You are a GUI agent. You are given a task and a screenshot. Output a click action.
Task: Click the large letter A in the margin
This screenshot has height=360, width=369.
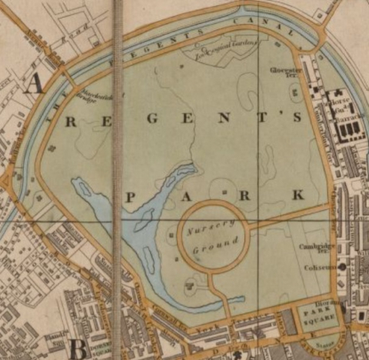pos(32,84)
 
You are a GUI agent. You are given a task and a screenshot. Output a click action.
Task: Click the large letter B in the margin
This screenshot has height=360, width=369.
pos(78,348)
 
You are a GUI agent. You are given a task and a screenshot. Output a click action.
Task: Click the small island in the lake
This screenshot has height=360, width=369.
pos(143,219)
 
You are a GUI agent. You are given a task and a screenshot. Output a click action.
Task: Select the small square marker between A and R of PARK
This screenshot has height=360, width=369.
pos(223,189)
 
